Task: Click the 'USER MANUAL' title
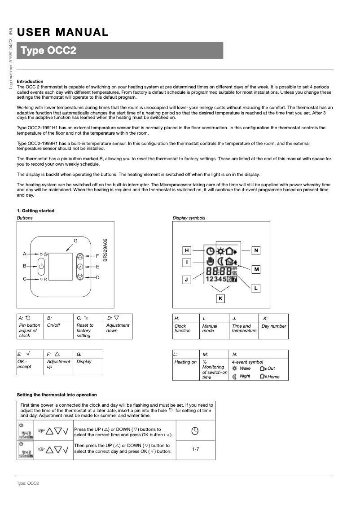[x=63, y=32]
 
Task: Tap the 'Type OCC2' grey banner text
[x=48, y=51]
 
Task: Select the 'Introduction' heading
[x=30, y=81]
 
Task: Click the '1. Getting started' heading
[x=35, y=211]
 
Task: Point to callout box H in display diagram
[x=187, y=250]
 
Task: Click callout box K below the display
[x=220, y=298]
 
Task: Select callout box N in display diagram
[x=256, y=250]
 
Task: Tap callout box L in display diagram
[x=255, y=288]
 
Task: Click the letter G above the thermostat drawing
[x=75, y=241]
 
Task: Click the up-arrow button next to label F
[x=80, y=257]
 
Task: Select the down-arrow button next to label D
[x=80, y=276]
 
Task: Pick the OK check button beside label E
[x=80, y=267]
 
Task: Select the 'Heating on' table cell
[x=185, y=362]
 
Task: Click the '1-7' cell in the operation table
[x=195, y=449]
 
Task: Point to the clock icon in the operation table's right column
[x=195, y=431]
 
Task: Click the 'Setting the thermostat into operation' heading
[x=57, y=395]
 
